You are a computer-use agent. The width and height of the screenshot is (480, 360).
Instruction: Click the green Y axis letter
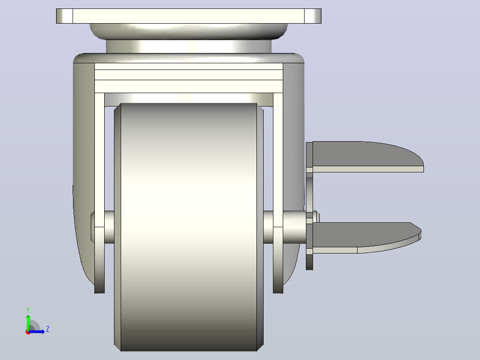tap(28, 310)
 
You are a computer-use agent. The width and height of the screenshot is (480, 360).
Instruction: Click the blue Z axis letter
tap(48, 329)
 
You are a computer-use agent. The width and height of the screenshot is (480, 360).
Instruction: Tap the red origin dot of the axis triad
tap(28, 332)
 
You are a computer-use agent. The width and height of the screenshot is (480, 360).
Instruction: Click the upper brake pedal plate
tap(367, 156)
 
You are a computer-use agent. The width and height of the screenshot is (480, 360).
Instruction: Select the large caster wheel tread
tap(189, 227)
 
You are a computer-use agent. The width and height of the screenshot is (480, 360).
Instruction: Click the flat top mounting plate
tap(189, 16)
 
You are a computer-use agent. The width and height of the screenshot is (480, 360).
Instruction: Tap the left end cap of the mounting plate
tap(65, 16)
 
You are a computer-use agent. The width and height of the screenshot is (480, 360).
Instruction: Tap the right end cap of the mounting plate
tap(313, 16)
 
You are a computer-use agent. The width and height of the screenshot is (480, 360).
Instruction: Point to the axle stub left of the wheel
tap(109, 227)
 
